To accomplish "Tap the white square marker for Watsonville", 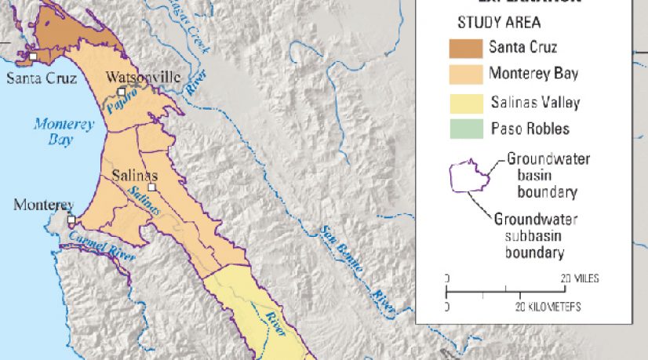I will [121, 93].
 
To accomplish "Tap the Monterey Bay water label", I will [64, 132].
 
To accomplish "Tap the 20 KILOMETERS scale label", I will [550, 305].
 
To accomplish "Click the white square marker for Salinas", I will [151, 188].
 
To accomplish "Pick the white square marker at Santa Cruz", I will [32, 56].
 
